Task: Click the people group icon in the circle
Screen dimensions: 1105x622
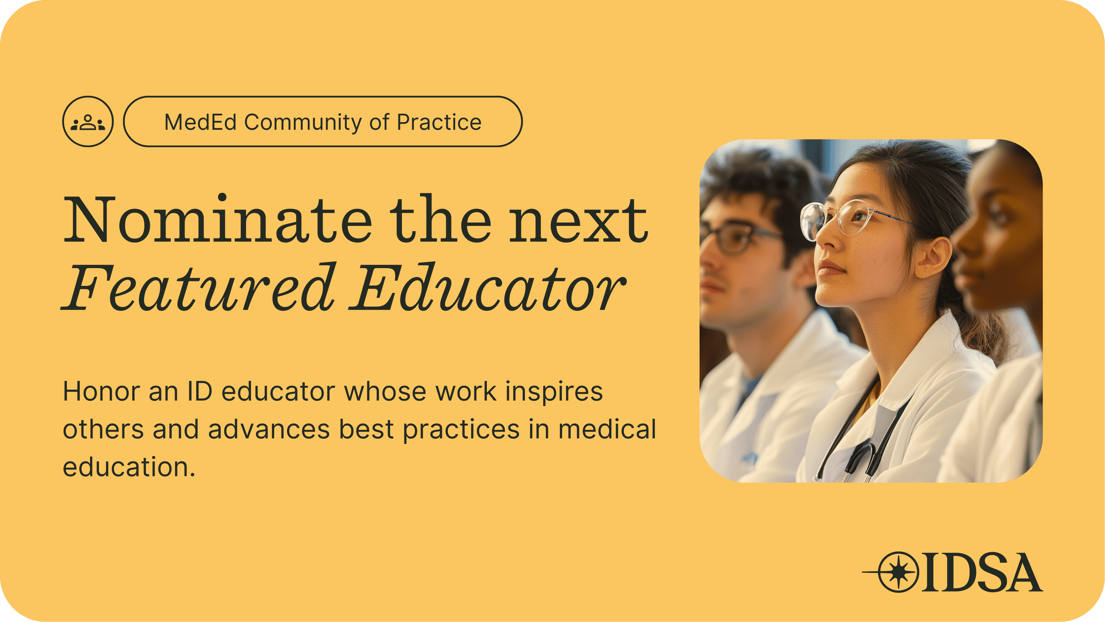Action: point(88,122)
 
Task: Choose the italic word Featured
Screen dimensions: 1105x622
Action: point(198,287)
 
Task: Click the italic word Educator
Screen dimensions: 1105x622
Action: point(487,287)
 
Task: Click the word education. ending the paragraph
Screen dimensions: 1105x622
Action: point(129,467)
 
